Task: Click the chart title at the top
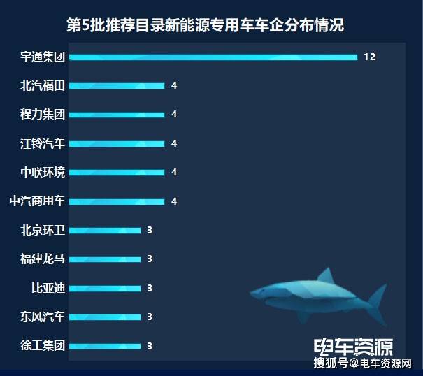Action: (205, 26)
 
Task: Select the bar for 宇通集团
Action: (213, 57)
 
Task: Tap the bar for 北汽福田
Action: (117, 86)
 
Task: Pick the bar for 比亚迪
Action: (106, 288)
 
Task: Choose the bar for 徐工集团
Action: (106, 346)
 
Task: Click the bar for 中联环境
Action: (117, 173)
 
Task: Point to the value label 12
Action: (370, 57)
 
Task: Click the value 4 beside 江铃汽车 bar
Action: (173, 144)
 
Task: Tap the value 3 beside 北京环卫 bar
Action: (150, 231)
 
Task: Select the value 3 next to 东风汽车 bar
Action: (150, 317)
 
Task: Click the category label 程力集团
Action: (43, 115)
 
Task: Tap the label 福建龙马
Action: (43, 259)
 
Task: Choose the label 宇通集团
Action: (43, 57)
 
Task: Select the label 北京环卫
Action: (43, 230)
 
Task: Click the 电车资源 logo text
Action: (354, 347)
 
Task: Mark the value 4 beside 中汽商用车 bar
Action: (173, 202)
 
